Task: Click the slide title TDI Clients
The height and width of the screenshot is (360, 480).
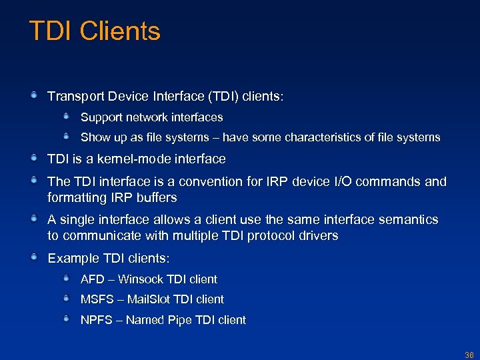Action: pyautogui.click(x=95, y=31)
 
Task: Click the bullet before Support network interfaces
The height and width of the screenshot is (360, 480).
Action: pyautogui.click(x=67, y=117)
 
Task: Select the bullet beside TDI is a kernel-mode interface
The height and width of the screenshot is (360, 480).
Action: pyautogui.click(x=33, y=159)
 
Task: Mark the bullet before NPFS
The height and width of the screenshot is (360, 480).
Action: pyautogui.click(x=67, y=319)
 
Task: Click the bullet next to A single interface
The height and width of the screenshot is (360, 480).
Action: pyautogui.click(x=33, y=219)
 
